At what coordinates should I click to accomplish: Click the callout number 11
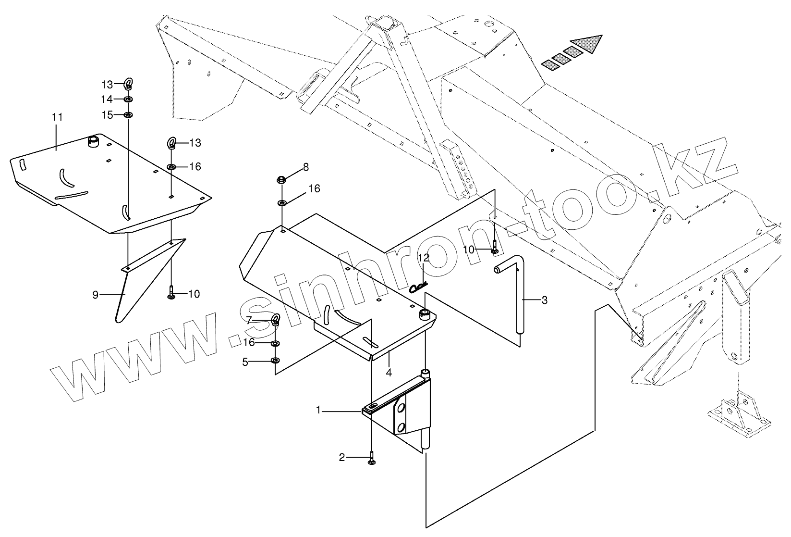pyautogui.click(x=58, y=117)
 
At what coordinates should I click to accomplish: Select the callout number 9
pyautogui.click(x=95, y=295)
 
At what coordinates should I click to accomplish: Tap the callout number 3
pyautogui.click(x=544, y=300)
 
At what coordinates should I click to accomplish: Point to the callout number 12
pyautogui.click(x=423, y=258)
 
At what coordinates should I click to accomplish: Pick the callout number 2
pyautogui.click(x=341, y=458)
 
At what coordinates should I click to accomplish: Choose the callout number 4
pyautogui.click(x=389, y=372)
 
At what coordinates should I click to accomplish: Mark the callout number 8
pyautogui.click(x=306, y=167)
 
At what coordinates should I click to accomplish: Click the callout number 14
pyautogui.click(x=107, y=99)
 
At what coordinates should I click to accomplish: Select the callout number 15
pyautogui.click(x=107, y=115)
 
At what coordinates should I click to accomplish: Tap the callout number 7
pyautogui.click(x=249, y=320)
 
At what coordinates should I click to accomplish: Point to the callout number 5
pyautogui.click(x=245, y=362)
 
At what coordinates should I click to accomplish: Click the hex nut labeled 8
pyautogui.click(x=281, y=180)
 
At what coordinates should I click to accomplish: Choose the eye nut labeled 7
pyautogui.click(x=275, y=320)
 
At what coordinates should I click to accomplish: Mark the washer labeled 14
pyautogui.click(x=128, y=99)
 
